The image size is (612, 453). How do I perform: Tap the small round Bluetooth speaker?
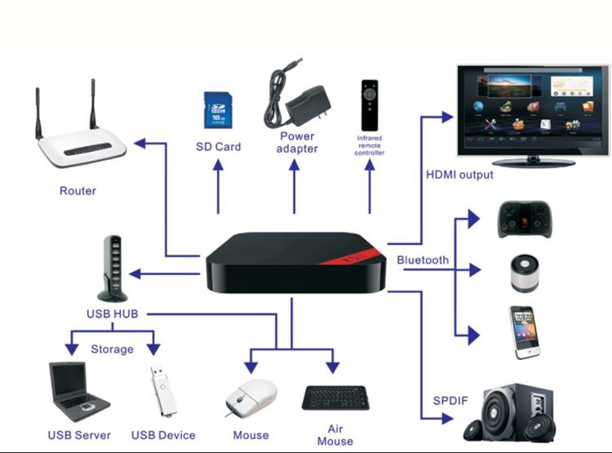(521, 275)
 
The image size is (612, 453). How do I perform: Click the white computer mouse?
(250, 399)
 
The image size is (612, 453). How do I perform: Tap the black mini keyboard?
(335, 397)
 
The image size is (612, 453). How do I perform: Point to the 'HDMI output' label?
(459, 175)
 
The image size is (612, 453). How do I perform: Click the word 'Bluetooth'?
(423, 260)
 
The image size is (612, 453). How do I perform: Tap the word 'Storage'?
(112, 349)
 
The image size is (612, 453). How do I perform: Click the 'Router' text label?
(78, 191)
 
